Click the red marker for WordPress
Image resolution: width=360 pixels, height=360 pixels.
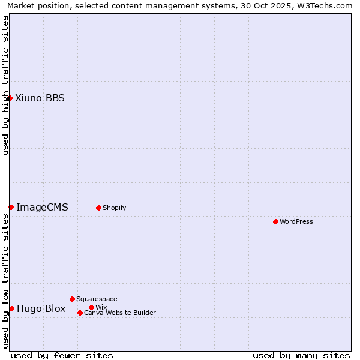tap(275, 221)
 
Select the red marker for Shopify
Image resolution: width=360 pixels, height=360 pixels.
tap(98, 208)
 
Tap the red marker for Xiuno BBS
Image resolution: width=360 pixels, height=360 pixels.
tap(10, 98)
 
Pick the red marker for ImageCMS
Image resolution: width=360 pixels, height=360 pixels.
tap(11, 207)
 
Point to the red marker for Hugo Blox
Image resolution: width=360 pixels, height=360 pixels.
tap(11, 308)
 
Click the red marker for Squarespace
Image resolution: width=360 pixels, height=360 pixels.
tap(72, 299)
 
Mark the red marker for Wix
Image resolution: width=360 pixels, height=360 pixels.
tap(91, 307)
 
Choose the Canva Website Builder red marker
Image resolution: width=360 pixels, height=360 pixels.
tap(80, 313)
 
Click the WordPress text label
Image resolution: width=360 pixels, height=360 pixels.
tap(296, 221)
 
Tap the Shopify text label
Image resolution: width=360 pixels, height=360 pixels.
tap(114, 208)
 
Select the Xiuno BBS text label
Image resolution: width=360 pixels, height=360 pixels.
tap(40, 98)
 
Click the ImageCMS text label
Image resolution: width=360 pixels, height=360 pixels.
tap(42, 207)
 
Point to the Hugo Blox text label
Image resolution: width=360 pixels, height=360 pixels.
tap(41, 308)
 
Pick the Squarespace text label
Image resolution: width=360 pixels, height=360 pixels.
tap(97, 299)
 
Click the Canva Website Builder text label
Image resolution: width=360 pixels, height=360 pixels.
tap(119, 313)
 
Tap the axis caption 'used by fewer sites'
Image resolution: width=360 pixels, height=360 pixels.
tap(62, 355)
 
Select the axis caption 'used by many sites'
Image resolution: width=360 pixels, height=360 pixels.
tap(301, 355)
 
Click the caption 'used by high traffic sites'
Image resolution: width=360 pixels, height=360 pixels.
tap(5, 85)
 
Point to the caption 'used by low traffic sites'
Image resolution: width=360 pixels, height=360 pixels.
tap(5, 281)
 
